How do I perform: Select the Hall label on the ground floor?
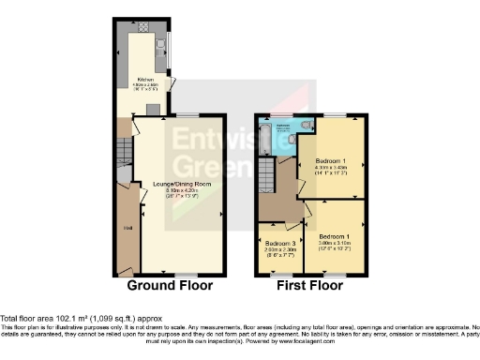coord(128,227)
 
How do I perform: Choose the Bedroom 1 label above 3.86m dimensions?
coord(334,235)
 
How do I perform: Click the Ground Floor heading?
coord(170,285)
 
